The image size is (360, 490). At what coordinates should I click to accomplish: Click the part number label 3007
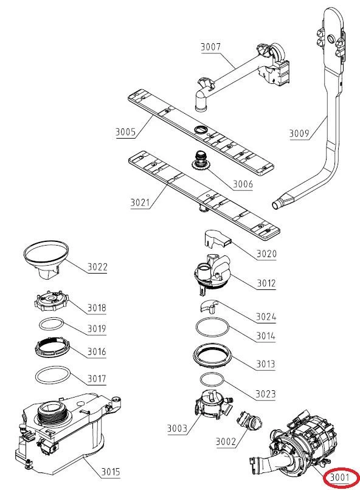(x=210, y=47)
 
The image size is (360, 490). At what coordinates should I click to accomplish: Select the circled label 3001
(x=339, y=477)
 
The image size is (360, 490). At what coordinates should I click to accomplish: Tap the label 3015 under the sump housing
(x=110, y=471)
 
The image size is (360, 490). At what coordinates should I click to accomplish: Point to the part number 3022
(x=97, y=267)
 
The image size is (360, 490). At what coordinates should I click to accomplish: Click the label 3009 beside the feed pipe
(x=299, y=133)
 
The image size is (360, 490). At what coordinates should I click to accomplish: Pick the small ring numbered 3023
(x=212, y=379)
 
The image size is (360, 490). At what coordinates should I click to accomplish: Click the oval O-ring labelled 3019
(x=52, y=324)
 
